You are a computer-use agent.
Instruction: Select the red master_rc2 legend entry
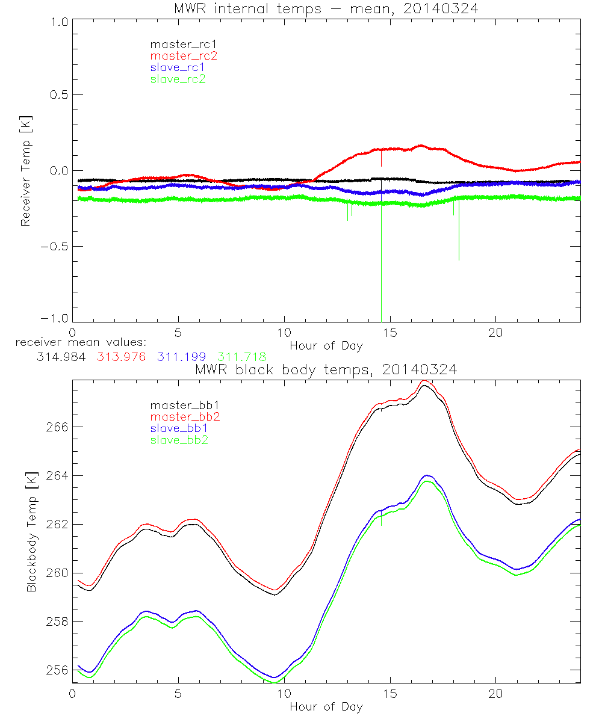pos(184,55)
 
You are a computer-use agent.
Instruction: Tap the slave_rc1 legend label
pos(178,67)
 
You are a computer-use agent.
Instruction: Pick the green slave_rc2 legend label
pos(178,78)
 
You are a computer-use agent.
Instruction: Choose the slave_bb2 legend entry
pos(179,441)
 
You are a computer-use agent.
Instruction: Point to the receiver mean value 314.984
pos(58,357)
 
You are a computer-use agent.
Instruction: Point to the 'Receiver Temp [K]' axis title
pos(25,171)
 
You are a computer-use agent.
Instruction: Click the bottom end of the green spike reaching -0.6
pos(459,260)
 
